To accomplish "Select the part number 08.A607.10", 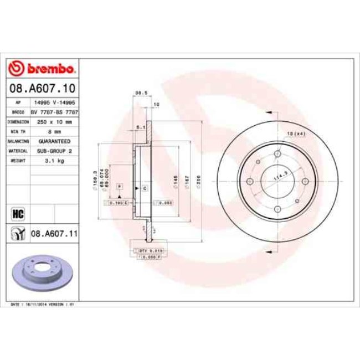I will tap(42, 88).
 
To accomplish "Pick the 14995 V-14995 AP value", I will tap(54, 102).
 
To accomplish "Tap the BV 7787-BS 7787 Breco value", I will tap(54, 112).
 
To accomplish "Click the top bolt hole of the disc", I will tap(276, 154).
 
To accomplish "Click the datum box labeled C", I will tap(145, 189).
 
